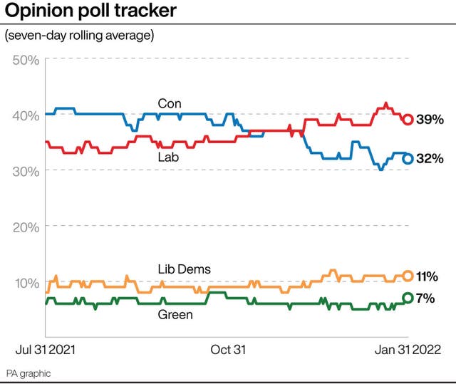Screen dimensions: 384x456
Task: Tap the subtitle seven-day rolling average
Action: coord(79,35)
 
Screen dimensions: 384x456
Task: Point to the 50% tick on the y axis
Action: coord(26,59)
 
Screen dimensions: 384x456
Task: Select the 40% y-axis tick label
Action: coord(26,115)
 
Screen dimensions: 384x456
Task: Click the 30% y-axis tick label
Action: coord(26,171)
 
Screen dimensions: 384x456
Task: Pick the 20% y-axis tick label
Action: coord(26,227)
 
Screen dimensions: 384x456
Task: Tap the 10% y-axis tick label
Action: coord(26,283)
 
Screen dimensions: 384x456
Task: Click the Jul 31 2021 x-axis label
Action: coord(46,350)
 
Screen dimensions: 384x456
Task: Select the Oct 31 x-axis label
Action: coord(228,350)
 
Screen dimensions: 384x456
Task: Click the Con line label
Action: coord(170,104)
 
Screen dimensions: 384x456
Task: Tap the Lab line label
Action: coord(168,157)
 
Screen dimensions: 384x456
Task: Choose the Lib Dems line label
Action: coord(185,269)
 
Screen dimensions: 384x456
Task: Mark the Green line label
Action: coord(175,314)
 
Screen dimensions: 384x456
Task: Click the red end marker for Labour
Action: coord(408,119)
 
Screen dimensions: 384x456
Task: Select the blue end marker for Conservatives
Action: coord(408,159)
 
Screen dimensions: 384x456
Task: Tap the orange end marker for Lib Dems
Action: coord(408,276)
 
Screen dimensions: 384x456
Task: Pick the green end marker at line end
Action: coord(408,298)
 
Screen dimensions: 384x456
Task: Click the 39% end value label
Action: coord(430,119)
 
